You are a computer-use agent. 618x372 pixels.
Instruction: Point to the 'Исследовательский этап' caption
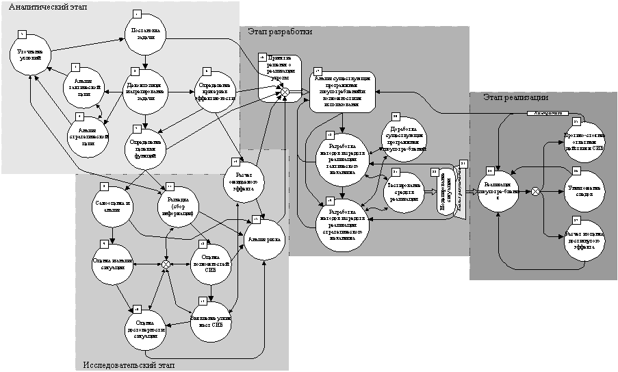click(x=128, y=364)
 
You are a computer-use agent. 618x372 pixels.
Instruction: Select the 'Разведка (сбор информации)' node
click(x=178, y=206)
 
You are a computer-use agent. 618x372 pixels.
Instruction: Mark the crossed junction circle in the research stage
click(x=166, y=264)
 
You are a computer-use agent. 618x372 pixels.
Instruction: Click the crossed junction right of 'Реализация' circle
click(x=536, y=192)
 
